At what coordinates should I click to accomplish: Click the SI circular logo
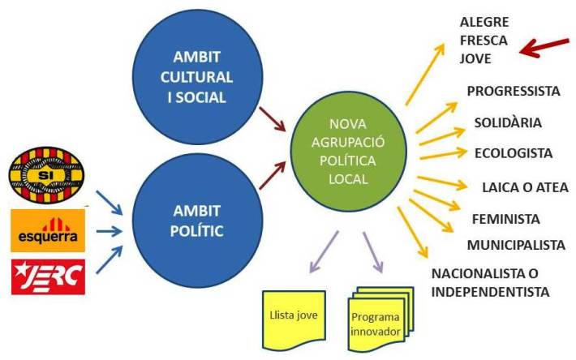point(46,173)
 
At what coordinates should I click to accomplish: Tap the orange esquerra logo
point(47,230)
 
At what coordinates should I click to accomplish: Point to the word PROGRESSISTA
point(514,91)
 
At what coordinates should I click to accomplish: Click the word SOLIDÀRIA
point(508,122)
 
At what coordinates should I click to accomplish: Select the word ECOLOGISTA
point(514,153)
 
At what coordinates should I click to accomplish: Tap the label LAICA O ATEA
point(525,187)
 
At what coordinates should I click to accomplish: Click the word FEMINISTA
point(505,219)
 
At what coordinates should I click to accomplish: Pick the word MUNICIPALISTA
point(515,245)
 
